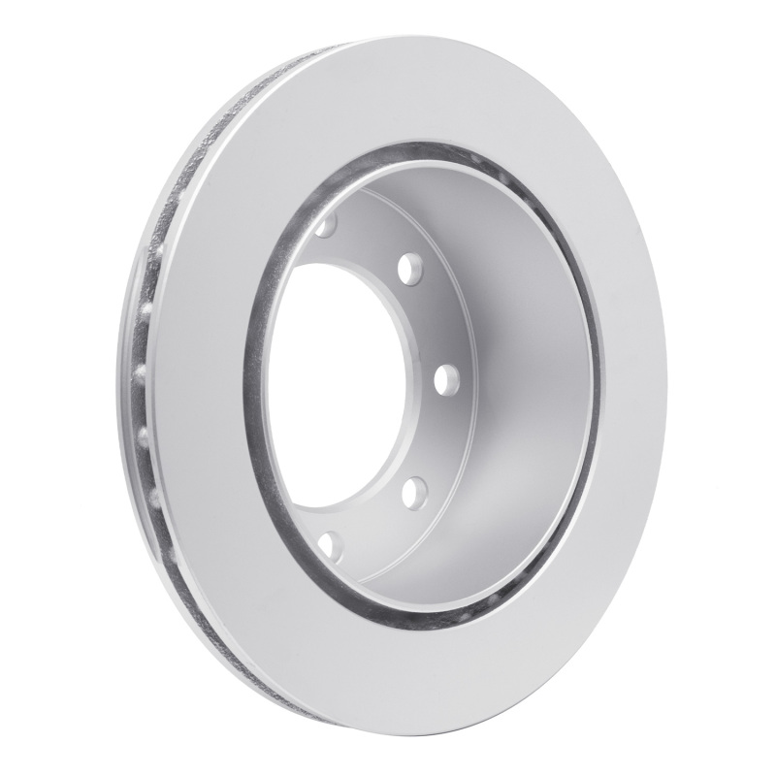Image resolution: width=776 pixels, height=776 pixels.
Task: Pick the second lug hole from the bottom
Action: tap(410, 488)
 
